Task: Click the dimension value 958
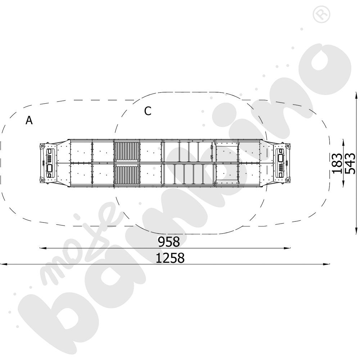click(x=169, y=242)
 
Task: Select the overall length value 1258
click(x=170, y=258)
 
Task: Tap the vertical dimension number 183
click(x=337, y=163)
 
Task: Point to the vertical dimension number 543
click(x=350, y=163)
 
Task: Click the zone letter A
click(x=29, y=120)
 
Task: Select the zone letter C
click(x=148, y=111)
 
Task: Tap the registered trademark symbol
click(x=321, y=14)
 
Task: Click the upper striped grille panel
click(x=127, y=152)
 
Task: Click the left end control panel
click(x=50, y=163)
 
